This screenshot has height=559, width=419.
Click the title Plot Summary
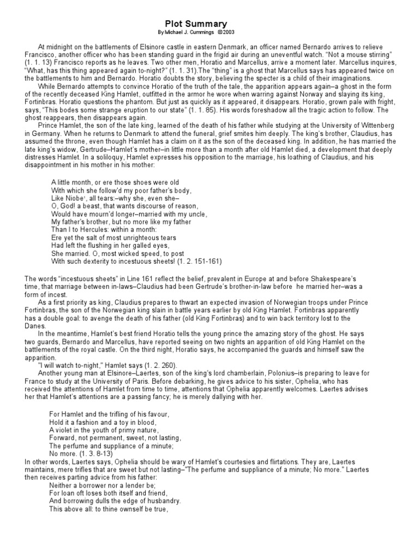point(196,24)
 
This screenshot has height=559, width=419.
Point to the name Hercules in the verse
point(91,229)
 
